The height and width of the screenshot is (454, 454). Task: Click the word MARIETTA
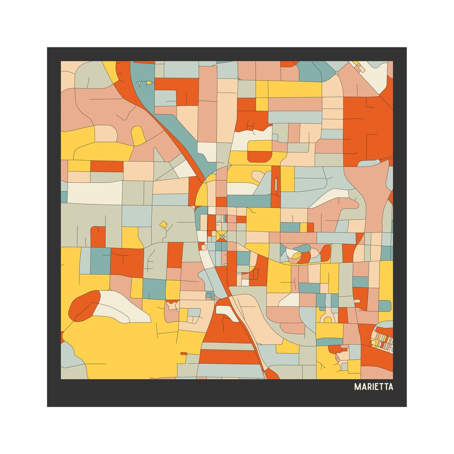374,387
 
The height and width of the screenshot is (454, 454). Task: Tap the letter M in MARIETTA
357,387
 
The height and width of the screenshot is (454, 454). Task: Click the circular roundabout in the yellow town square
222,237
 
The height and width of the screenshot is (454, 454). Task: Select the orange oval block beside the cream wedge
84,306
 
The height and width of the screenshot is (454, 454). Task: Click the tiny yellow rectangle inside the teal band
149,83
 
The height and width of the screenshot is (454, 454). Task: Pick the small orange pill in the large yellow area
184,354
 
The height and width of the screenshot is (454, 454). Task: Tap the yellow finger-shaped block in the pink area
138,135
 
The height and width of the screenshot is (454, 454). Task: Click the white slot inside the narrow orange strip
276,185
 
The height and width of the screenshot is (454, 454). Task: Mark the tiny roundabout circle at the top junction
337,73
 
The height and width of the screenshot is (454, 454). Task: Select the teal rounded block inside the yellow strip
384,306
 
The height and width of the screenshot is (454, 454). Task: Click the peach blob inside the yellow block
257,176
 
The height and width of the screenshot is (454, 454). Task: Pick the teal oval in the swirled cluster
303,248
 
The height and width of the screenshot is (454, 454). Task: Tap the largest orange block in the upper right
367,126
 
